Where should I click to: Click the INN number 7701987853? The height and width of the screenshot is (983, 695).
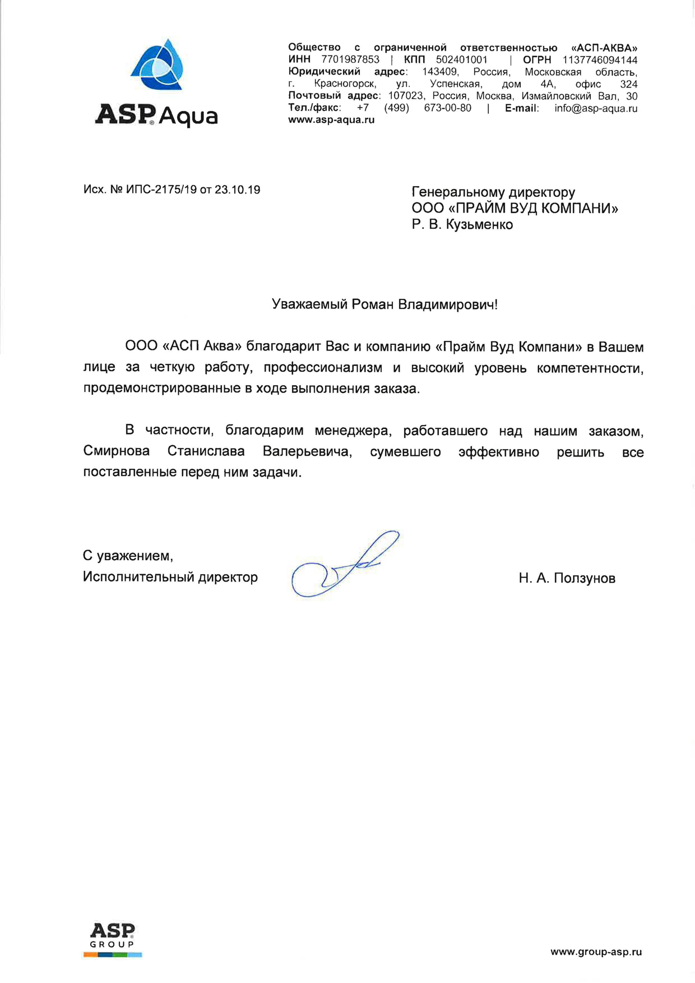coord(350,60)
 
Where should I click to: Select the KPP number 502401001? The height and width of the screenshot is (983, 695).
coord(461,60)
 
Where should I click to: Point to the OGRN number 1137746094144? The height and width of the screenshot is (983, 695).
coord(600,60)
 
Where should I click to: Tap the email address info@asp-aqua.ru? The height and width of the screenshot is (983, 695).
coord(596,108)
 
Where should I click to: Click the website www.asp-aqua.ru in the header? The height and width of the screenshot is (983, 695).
coord(331,120)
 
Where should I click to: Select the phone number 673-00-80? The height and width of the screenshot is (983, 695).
coord(447,108)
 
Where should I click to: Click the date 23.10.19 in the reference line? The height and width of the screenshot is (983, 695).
coord(237,190)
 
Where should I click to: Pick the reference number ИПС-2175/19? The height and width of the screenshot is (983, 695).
coord(161,190)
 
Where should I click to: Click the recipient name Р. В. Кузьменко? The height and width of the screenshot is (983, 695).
coord(462,225)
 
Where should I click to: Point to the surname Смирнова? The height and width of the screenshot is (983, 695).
coord(117,451)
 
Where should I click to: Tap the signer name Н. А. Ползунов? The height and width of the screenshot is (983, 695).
coord(567,578)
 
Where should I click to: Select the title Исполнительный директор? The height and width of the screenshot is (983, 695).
coord(170,577)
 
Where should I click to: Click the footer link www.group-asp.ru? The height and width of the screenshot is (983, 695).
coord(596,952)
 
